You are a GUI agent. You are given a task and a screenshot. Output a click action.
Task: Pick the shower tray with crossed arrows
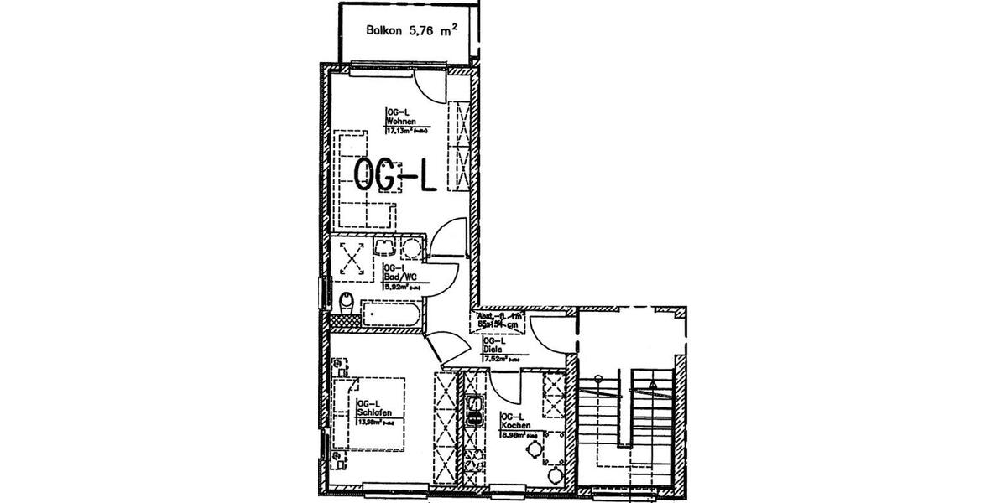352,259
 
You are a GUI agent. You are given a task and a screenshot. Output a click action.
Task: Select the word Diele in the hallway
491,350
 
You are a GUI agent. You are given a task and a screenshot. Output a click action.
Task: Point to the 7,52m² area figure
495,359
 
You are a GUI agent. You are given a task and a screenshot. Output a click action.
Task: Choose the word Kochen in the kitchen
514,426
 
